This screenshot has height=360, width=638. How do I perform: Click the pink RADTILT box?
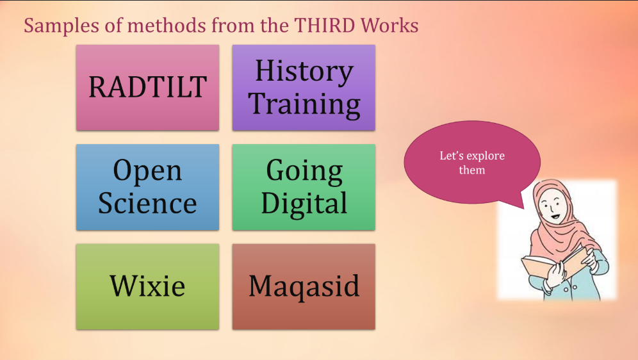point(147,88)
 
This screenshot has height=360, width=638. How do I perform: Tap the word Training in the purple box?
point(304,104)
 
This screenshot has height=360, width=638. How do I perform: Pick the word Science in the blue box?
point(147,203)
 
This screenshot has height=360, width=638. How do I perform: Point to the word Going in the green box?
point(304,172)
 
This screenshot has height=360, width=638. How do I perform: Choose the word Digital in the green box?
point(304,204)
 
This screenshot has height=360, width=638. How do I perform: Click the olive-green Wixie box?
point(147,286)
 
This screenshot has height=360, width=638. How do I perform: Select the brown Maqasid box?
point(304,286)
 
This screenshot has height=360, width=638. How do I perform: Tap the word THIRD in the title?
point(324,25)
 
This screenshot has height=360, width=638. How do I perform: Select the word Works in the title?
point(389,25)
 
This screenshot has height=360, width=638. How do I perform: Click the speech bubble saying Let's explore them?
point(472,162)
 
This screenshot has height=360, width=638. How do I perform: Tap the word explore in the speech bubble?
point(485,156)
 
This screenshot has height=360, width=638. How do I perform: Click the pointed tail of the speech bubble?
point(524,208)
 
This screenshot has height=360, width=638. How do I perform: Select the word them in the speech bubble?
point(472,170)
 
